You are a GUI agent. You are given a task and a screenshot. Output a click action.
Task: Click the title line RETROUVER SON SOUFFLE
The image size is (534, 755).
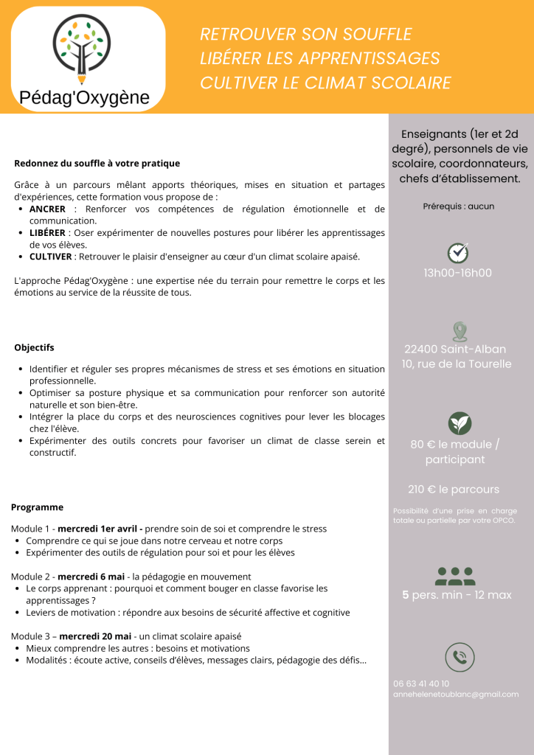(x=305, y=35)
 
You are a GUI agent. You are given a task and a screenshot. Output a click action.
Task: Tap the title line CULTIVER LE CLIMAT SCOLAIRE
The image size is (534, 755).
(x=325, y=83)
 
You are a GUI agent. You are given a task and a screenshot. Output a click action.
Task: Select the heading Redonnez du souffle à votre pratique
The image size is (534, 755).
(x=97, y=163)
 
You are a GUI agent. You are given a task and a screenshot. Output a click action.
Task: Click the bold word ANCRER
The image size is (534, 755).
(x=47, y=209)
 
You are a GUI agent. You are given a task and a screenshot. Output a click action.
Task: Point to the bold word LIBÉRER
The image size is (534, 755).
(x=48, y=233)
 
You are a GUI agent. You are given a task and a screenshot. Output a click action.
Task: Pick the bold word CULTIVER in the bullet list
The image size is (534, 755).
(x=50, y=257)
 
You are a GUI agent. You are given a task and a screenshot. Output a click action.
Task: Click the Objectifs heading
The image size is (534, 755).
(x=34, y=347)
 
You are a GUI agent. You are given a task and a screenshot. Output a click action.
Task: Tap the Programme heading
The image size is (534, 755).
(x=37, y=507)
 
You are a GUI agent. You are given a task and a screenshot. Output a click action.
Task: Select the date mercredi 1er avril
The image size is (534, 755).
(x=100, y=529)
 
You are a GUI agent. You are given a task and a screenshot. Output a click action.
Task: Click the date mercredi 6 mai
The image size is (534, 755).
(x=91, y=576)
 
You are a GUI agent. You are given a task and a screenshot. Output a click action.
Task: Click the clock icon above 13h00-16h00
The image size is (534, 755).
(x=458, y=252)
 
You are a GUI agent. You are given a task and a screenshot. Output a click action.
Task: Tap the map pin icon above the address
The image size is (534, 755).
(x=460, y=331)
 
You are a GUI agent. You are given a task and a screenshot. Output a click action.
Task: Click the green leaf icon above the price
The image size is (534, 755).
(x=460, y=423)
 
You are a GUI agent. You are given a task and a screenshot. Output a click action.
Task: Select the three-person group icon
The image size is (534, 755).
(x=456, y=574)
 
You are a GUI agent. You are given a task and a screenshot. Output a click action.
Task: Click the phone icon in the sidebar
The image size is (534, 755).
(x=460, y=657)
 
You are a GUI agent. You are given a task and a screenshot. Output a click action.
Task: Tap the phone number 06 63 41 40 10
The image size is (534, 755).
(x=421, y=683)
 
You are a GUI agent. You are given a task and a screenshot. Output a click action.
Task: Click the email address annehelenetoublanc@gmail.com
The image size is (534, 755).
(x=456, y=695)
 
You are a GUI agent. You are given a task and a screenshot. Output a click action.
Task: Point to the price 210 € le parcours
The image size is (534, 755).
(x=454, y=490)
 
